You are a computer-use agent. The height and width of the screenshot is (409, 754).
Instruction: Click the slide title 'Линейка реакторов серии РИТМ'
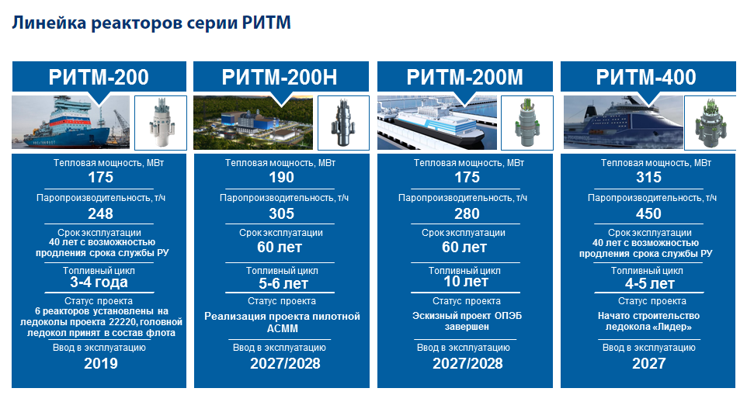(x=151, y=23)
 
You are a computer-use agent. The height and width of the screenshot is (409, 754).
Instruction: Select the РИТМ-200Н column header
(x=280, y=77)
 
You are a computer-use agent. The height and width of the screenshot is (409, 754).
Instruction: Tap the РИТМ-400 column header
(x=646, y=77)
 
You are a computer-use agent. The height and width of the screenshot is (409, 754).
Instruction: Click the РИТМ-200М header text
(x=464, y=77)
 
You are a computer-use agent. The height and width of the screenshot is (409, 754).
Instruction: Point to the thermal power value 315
(x=648, y=178)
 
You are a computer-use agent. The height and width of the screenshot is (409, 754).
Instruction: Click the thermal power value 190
(x=281, y=178)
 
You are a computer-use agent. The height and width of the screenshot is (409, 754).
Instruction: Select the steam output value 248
(x=100, y=213)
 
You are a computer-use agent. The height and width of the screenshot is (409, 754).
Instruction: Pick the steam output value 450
(x=648, y=213)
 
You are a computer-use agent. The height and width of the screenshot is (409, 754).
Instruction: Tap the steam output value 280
(x=467, y=213)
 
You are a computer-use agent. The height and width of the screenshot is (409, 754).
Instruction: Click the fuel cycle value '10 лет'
(x=465, y=281)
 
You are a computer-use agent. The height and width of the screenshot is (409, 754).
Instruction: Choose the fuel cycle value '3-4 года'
(x=99, y=282)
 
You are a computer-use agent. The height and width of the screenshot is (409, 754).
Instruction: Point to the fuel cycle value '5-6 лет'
(x=283, y=283)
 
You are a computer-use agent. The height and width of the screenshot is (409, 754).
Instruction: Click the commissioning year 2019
(x=100, y=363)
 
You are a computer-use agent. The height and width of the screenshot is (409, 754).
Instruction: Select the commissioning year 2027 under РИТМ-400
(x=648, y=363)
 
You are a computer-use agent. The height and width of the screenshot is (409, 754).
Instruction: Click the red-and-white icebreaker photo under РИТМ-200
(x=71, y=122)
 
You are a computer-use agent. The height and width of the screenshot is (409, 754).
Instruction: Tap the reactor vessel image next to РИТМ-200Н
(x=343, y=123)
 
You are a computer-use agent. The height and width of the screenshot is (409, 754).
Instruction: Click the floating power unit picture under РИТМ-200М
(x=437, y=122)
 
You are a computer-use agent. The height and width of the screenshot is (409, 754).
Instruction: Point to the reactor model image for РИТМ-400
(x=711, y=123)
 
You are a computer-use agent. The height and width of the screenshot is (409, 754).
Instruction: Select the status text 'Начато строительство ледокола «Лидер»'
(x=648, y=321)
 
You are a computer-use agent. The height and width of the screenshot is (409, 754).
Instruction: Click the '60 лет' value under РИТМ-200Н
(x=280, y=247)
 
